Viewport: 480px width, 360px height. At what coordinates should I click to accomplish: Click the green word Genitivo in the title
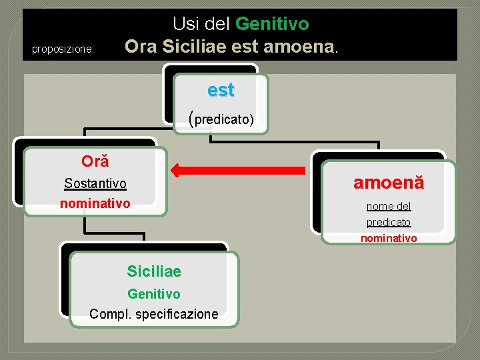point(272,25)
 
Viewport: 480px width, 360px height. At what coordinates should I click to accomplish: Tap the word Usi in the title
point(186,25)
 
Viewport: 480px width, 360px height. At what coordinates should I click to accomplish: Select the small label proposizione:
point(63,49)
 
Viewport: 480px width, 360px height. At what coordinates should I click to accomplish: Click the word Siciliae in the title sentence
point(193,47)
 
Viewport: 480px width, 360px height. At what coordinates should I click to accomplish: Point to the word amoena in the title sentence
point(300,47)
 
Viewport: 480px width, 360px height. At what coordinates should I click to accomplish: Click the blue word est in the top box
point(221,90)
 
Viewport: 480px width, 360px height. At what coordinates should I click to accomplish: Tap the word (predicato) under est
point(221,119)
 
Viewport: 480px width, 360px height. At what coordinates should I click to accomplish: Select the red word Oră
point(95,161)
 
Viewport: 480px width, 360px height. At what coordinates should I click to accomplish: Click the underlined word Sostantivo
point(95,183)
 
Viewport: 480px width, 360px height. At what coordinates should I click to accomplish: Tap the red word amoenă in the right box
point(389,183)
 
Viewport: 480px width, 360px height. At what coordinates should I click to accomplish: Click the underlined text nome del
point(389,207)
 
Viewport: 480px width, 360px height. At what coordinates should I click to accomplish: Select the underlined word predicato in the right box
point(389,222)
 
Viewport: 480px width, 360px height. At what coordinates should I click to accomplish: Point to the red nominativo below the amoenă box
point(389,238)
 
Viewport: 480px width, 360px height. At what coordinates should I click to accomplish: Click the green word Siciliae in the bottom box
point(154,271)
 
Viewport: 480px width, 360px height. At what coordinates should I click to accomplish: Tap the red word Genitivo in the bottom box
point(154,293)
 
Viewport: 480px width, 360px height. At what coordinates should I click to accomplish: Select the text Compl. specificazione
point(154,313)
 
